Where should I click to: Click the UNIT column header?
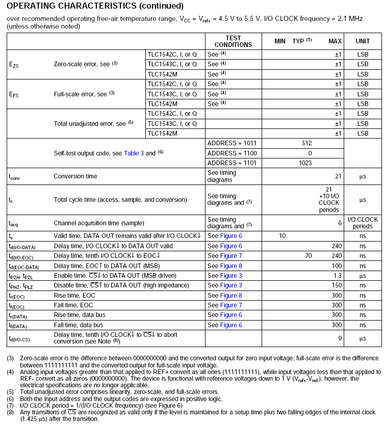coord(363,41)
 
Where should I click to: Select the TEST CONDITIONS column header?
coord(233,41)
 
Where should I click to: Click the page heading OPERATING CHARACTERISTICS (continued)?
coord(95,7)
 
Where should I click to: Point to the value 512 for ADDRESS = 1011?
coord(306,143)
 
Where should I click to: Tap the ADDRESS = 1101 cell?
coord(229,163)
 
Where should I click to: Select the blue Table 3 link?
coord(134,153)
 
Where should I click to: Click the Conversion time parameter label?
coord(75,176)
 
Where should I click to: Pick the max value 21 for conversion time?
coord(338,176)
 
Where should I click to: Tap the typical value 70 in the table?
coord(308,255)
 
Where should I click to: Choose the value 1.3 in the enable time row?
coord(337,275)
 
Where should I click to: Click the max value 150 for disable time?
coord(336,285)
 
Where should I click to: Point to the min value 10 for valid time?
coord(282,235)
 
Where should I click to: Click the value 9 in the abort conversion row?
coord(340,337)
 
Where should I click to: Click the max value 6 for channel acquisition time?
coord(340,223)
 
